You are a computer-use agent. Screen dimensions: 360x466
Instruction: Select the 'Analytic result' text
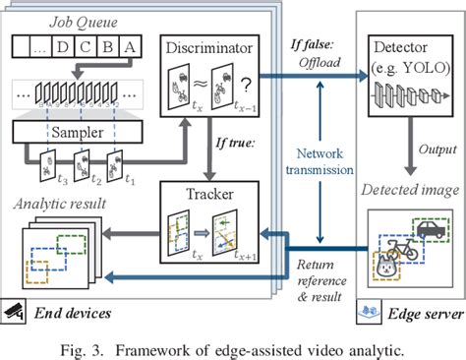[62, 205]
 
